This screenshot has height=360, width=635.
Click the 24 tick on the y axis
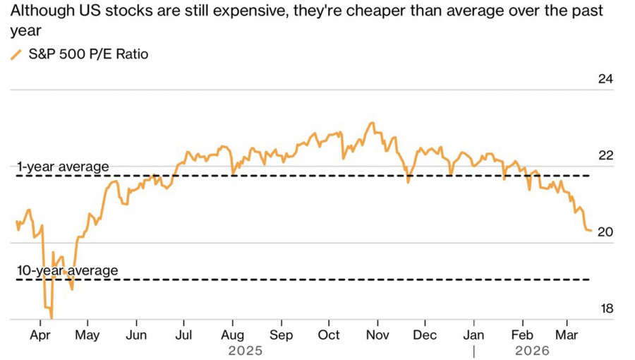tap(605, 79)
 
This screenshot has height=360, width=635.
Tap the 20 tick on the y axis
tap(605, 232)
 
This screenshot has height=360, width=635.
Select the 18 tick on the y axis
tap(605, 309)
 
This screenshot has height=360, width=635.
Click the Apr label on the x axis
tap(41, 335)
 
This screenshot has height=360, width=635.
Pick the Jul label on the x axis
tap(185, 335)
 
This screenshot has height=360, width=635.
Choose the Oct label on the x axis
tap(329, 335)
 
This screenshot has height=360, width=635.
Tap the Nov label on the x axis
tap(377, 335)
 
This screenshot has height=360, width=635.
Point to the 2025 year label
tap(246, 351)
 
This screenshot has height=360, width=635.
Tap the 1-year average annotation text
tap(63, 167)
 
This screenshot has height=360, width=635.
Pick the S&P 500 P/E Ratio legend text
tap(88, 54)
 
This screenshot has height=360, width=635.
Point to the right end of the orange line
tap(591, 230)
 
